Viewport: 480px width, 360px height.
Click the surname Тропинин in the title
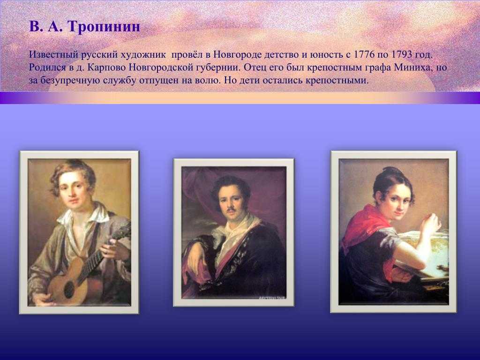(x=104, y=27)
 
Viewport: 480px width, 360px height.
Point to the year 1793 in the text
(x=402, y=54)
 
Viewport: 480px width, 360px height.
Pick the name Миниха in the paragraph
(x=412, y=67)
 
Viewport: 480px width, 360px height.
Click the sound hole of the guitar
(x=69, y=289)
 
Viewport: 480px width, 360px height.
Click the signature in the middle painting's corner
(x=270, y=297)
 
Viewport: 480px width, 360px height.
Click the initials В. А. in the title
(x=46, y=27)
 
